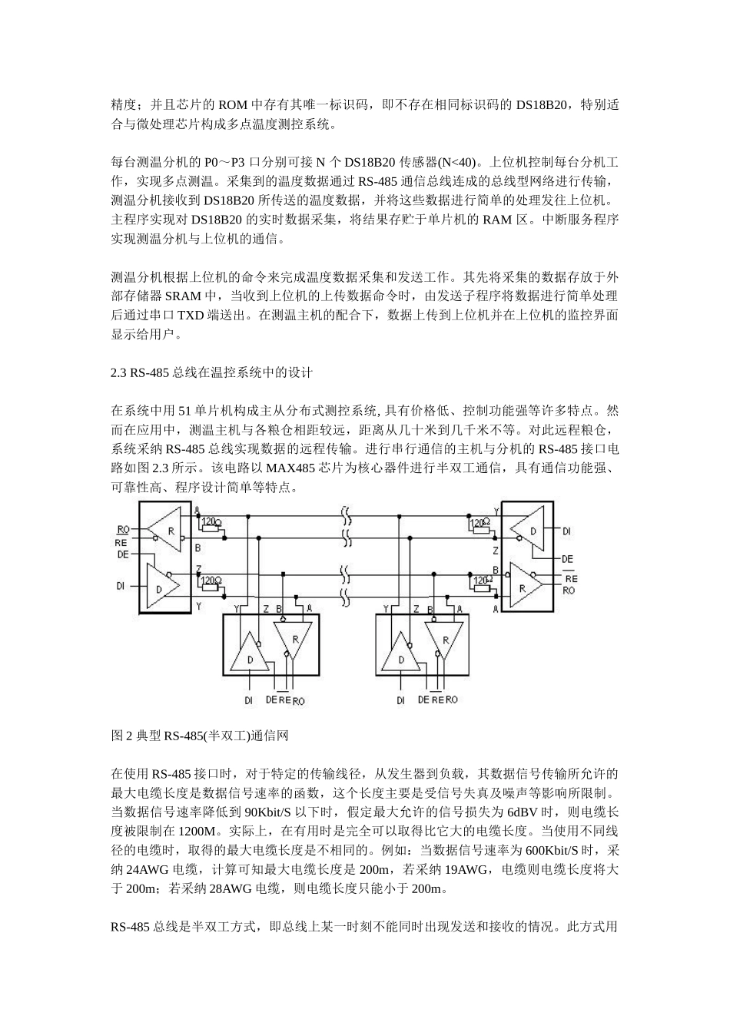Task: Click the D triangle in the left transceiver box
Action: [x=162, y=585]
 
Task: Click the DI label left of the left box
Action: [x=121, y=585]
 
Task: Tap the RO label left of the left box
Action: [x=123, y=530]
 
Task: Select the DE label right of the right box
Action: [x=567, y=558]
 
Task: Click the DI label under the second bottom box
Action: [x=400, y=700]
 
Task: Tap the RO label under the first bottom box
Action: [x=298, y=700]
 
